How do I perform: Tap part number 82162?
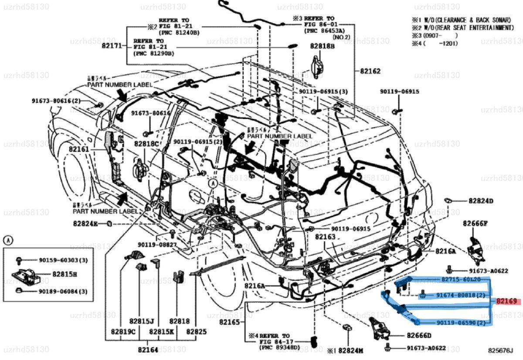click(x=370, y=71)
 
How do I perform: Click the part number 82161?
click(x=78, y=149)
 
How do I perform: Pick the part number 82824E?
click(x=86, y=224)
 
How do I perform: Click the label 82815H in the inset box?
click(x=65, y=274)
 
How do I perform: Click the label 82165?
click(x=229, y=322)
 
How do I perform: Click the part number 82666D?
click(x=419, y=335)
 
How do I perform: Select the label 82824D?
click(x=481, y=201)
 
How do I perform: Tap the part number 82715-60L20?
click(x=461, y=279)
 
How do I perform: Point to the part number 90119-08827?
click(x=157, y=245)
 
